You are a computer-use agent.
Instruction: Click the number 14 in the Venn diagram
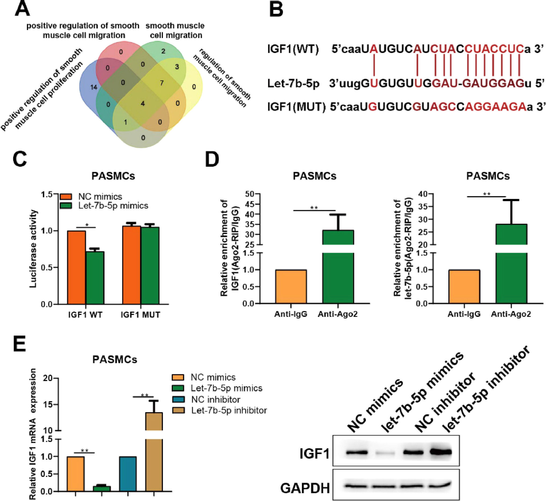94,87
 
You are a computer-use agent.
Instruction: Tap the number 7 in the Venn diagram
162,83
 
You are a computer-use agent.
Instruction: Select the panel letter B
276,10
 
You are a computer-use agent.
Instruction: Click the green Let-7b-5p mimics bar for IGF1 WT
95,278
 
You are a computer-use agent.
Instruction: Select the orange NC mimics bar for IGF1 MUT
131,265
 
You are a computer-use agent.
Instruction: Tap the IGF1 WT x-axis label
85,315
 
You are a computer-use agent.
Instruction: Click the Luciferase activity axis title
33,249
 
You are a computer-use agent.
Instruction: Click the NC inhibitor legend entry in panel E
215,399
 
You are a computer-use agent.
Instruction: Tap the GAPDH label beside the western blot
305,488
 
